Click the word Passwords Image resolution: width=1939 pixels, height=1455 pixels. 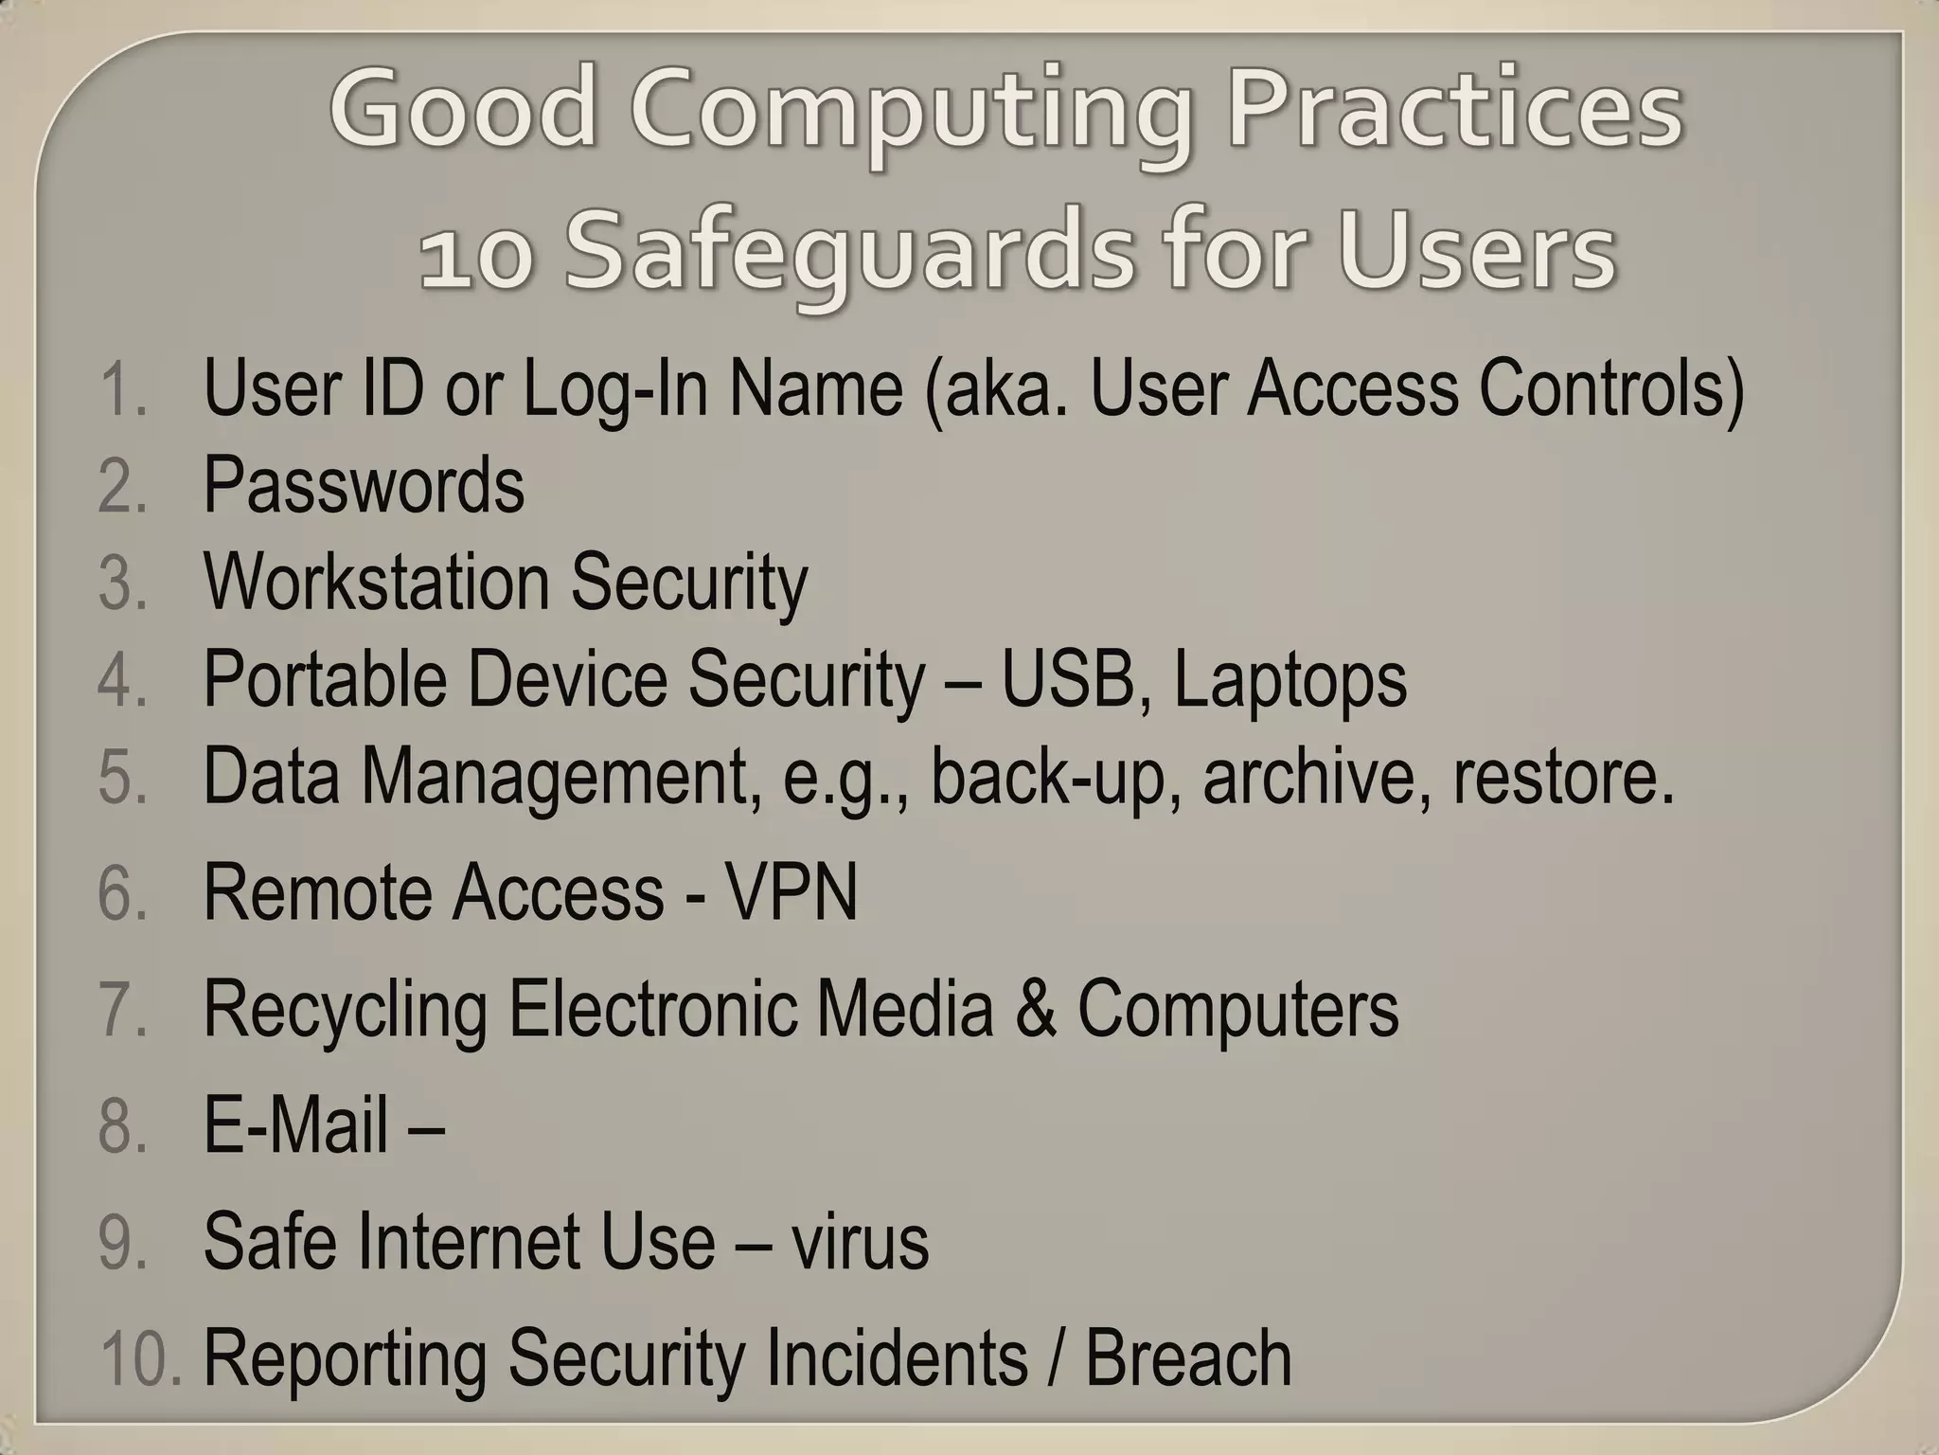tap(364, 485)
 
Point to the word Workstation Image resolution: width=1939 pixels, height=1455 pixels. tap(376, 582)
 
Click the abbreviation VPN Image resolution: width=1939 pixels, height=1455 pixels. tap(791, 892)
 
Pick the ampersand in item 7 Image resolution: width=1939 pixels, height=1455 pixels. tap(1035, 1008)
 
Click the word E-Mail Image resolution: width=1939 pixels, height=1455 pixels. tap(295, 1125)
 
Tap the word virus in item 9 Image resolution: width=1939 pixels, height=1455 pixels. tap(860, 1241)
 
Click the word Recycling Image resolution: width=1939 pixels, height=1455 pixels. tap(346, 1010)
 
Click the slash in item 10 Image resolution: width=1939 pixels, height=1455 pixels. tap(1056, 1357)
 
